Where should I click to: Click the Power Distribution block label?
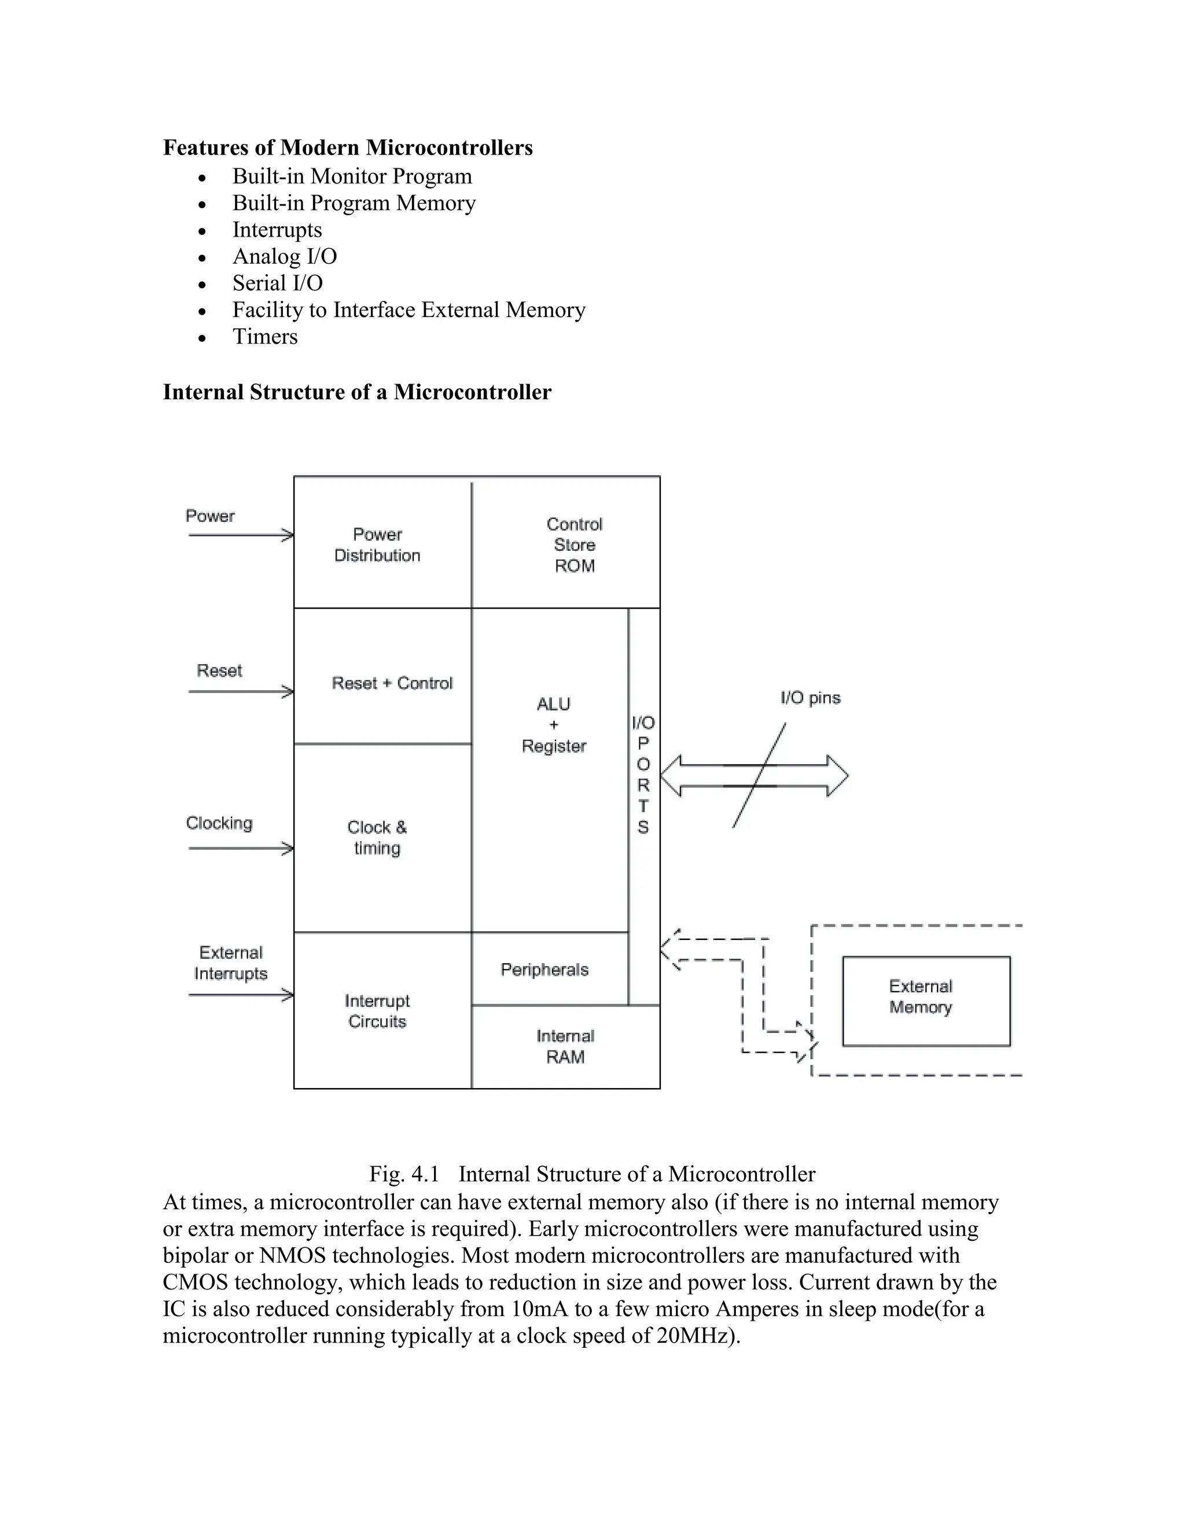[x=377, y=545]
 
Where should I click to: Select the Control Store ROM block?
[x=574, y=545]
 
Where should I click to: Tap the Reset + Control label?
[x=392, y=683]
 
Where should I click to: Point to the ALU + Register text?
[x=553, y=724]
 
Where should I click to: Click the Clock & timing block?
[x=377, y=838]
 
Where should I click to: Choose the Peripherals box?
[x=544, y=970]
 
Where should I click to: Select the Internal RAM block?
[x=565, y=1046]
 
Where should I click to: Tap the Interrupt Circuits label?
[x=377, y=1011]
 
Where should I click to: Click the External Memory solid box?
[x=925, y=1001]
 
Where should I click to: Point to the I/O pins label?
[x=810, y=698]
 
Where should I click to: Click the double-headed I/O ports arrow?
[x=755, y=776]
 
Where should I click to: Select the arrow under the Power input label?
[x=240, y=536]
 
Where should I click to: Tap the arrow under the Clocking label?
[x=240, y=849]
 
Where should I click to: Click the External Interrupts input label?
[x=230, y=963]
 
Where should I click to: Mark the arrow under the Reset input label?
[x=240, y=692]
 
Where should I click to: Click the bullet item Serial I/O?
[x=277, y=283]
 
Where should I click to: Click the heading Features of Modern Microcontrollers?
[x=348, y=148]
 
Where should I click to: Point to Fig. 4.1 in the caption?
[x=404, y=1174]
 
